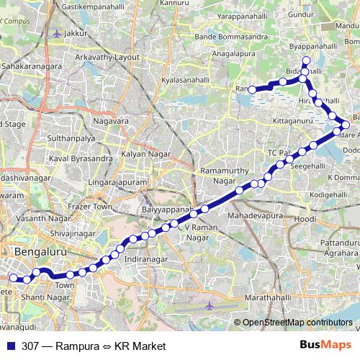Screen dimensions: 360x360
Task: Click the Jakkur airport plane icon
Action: [x=57, y=33]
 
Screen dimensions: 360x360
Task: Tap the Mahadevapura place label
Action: [x=251, y=215]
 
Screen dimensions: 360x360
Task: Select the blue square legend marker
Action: [x=12, y=346]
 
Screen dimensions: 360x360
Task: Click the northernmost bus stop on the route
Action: [x=306, y=60]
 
